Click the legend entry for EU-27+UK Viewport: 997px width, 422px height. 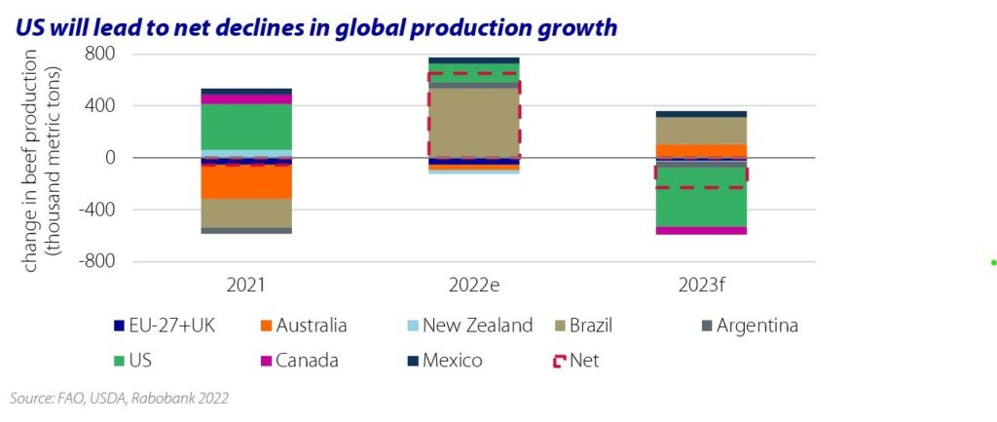coord(174,326)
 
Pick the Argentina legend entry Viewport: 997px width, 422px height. coord(757,326)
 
